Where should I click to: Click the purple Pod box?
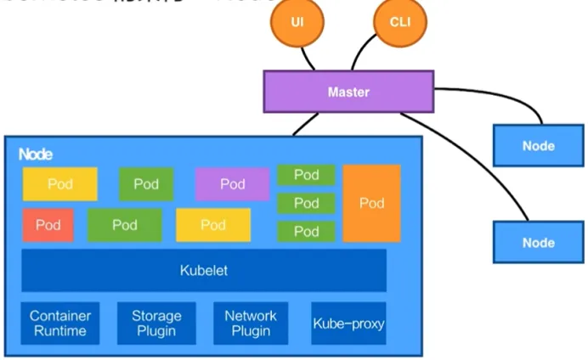232,184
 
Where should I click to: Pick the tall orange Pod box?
371,204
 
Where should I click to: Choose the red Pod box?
48,225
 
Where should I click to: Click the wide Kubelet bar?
204,271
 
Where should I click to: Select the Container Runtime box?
60,323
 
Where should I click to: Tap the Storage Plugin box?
156,323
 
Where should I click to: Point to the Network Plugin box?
251,323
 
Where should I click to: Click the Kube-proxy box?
348,323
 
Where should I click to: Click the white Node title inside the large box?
35,155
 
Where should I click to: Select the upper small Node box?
538,145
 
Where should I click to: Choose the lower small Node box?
538,243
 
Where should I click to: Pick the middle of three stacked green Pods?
306,203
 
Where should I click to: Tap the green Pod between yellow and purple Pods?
146,184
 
